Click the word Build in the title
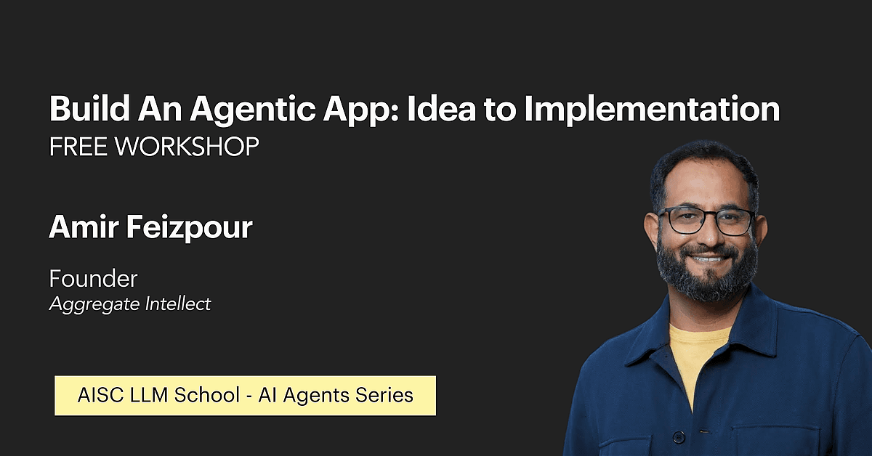[x=89, y=108]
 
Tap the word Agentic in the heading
[x=253, y=110]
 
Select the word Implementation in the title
[x=652, y=110]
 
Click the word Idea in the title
[x=440, y=108]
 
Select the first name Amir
[x=84, y=227]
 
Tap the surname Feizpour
[x=190, y=228]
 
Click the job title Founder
[x=94, y=279]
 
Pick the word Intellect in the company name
[x=178, y=304]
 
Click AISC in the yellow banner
[x=101, y=395]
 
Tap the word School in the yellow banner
[x=207, y=395]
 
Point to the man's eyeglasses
[x=706, y=221]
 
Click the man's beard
[x=706, y=276]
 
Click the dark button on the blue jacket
[x=679, y=436]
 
